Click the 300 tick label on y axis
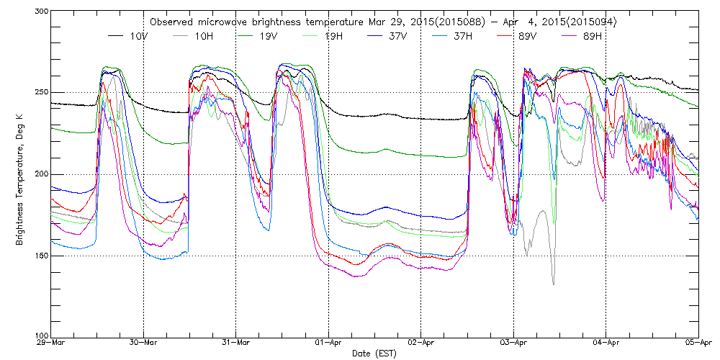pos(40,12)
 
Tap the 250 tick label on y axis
pos(40,93)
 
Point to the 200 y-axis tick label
pos(40,175)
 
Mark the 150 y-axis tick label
pos(40,256)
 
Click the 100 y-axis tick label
pos(40,336)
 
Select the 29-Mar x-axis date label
pos(51,343)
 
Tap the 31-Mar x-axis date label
pos(236,343)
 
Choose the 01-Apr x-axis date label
pos(328,343)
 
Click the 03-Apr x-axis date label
pos(513,343)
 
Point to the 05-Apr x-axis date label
pos(698,343)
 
